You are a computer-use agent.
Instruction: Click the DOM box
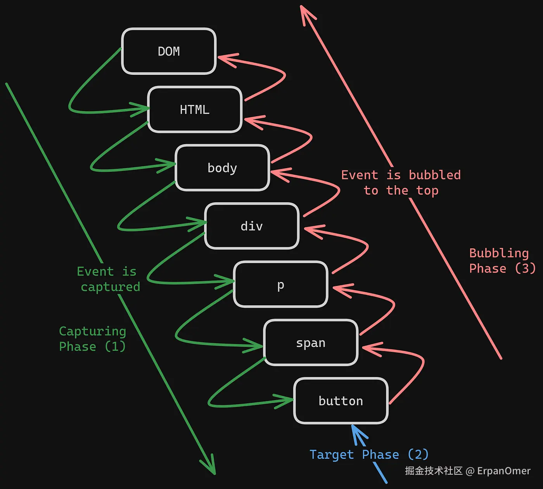tap(169, 51)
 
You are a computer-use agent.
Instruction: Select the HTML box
tap(195, 110)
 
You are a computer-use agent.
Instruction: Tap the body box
tap(222, 168)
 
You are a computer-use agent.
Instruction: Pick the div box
tap(252, 226)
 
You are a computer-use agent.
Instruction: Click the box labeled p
tap(280, 284)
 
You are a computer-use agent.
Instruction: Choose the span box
tap(311, 343)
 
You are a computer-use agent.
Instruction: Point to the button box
tap(341, 401)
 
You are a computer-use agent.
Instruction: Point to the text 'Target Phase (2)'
tap(369, 455)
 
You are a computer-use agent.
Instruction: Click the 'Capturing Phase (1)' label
tap(92, 339)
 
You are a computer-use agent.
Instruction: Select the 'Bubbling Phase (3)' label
tap(502, 261)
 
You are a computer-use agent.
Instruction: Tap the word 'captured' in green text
tap(111, 287)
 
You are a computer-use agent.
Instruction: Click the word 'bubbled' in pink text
tap(435, 175)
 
